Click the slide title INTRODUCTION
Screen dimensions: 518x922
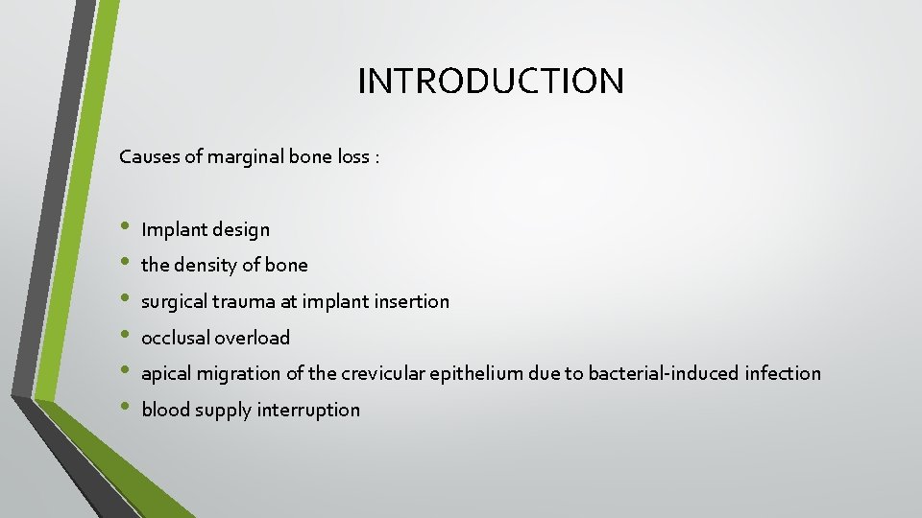[x=491, y=81]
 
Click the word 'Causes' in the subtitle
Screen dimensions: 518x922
[x=148, y=156]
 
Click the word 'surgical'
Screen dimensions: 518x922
[x=176, y=301]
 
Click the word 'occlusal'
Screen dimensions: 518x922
[x=176, y=338]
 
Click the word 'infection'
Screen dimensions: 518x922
[x=783, y=373]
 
